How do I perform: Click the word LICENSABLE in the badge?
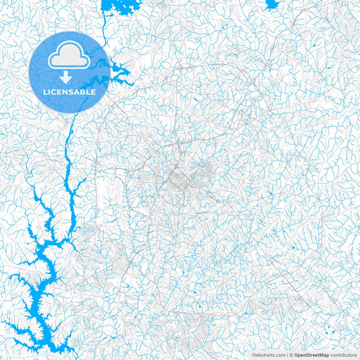70,92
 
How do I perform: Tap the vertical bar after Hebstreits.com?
286,353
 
